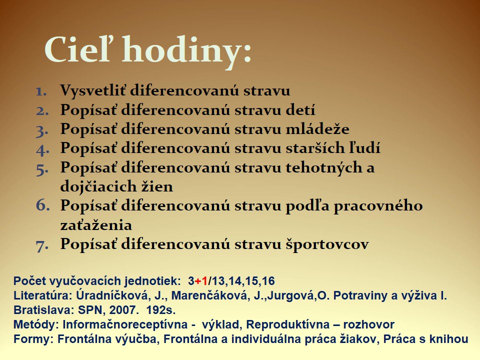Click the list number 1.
coord(41,91)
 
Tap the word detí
coord(300,109)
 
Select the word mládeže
coord(318,128)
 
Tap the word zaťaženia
coord(96,225)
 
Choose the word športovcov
coord(327,244)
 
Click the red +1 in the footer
coord(201,280)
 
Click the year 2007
coord(122,310)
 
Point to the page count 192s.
coord(161,310)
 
